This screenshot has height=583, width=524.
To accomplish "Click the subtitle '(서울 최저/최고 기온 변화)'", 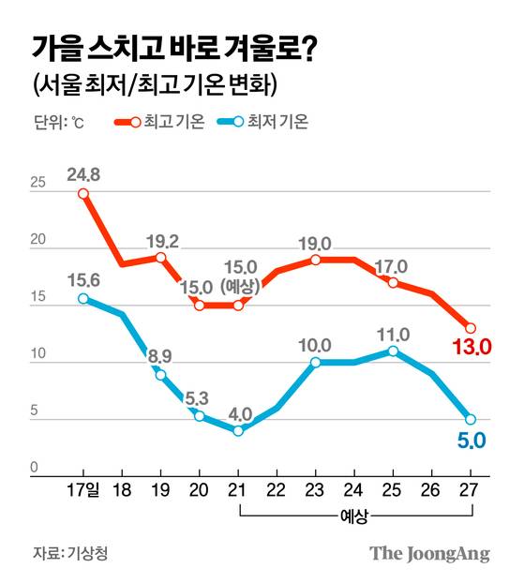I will (x=155, y=86).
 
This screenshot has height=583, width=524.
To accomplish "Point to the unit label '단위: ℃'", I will (x=62, y=123).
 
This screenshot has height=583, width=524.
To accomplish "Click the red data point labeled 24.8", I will (x=83, y=194).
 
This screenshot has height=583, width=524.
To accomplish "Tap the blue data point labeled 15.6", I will (x=83, y=299).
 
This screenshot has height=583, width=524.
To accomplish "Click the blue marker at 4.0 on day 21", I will (x=238, y=431).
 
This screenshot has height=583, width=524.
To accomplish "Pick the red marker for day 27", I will (x=471, y=328).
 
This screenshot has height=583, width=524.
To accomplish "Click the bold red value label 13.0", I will (x=472, y=350).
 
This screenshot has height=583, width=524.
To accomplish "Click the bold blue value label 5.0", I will (x=472, y=440).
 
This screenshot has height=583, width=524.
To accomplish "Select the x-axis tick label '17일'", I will (x=83, y=490).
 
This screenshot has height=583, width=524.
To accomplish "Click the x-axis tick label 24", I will (x=354, y=490).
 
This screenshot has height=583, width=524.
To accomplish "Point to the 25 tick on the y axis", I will (x=37, y=183).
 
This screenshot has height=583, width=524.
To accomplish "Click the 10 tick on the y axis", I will (x=37, y=354).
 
